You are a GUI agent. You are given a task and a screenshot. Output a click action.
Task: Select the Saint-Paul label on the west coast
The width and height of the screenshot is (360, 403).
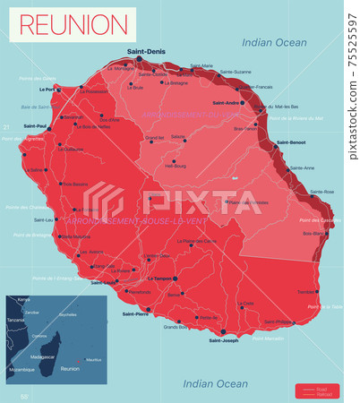37,125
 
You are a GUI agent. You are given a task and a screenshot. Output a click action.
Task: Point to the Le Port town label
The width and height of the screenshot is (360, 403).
47,90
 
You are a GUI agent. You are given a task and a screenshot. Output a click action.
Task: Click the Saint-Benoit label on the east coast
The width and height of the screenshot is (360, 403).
291,142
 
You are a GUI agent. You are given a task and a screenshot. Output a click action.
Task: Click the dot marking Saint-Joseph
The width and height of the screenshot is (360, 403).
226,332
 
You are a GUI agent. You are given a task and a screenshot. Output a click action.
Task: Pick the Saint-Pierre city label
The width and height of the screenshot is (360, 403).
136,313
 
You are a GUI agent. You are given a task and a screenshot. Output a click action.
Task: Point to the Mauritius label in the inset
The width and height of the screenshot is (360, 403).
94,359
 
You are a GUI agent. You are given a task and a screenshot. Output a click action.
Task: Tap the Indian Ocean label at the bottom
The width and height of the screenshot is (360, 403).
215,383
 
